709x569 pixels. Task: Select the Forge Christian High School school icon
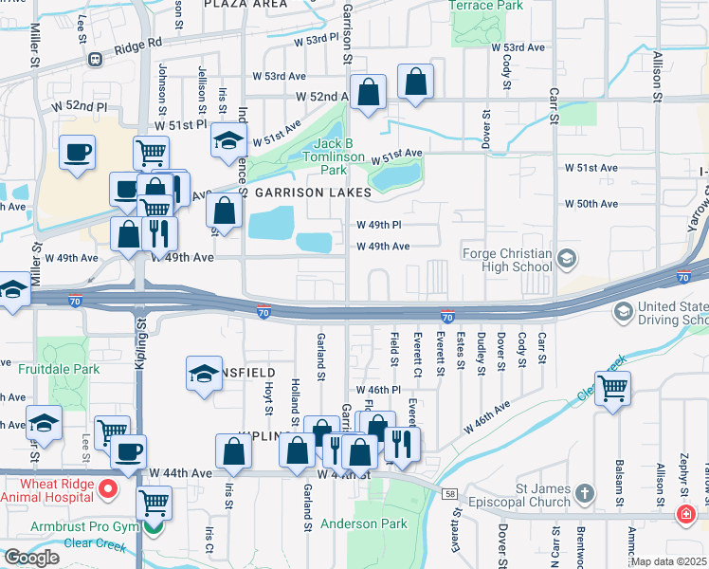(x=567, y=258)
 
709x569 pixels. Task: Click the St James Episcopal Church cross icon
(x=585, y=493)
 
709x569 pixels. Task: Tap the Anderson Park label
(x=364, y=523)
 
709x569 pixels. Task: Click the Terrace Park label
(x=486, y=6)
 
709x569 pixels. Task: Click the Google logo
(x=31, y=558)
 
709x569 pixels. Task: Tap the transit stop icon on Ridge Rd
(x=94, y=59)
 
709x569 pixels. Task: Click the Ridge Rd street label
(x=138, y=44)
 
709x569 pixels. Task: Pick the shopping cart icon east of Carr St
(x=613, y=388)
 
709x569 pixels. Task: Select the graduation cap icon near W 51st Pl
(x=228, y=141)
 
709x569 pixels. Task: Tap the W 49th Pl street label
(x=379, y=225)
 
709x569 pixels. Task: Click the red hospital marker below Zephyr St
(x=685, y=513)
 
